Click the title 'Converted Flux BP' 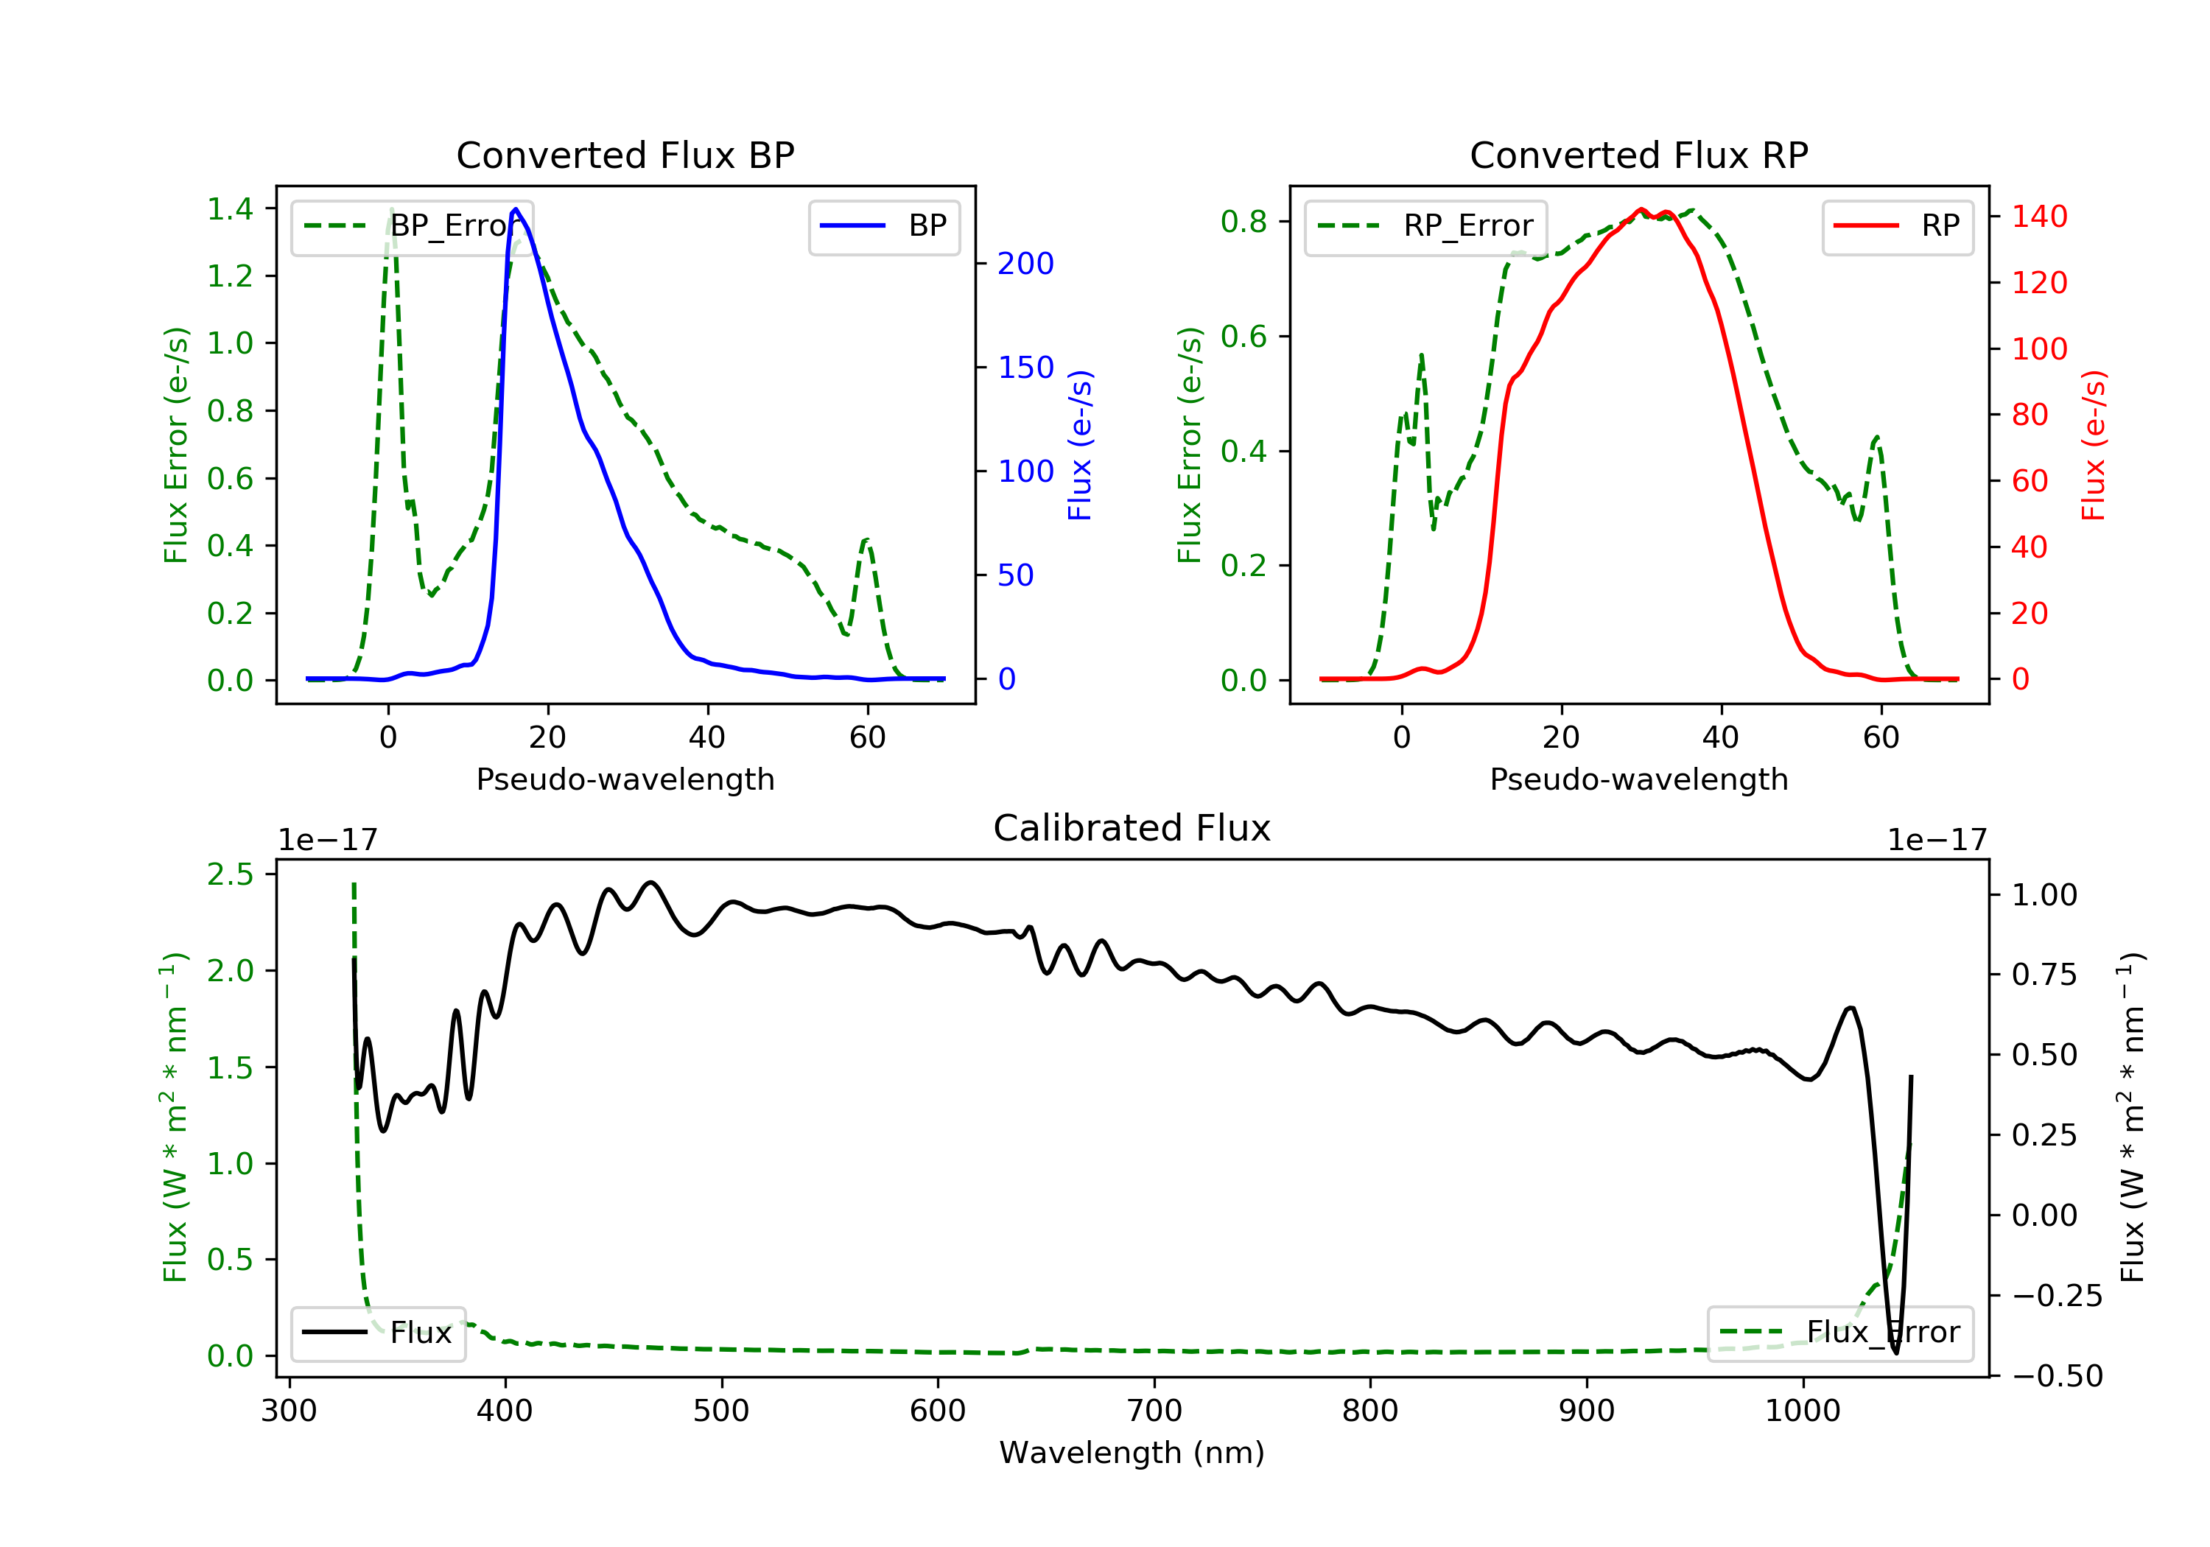[625, 155]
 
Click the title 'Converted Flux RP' [1638, 155]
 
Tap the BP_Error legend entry [412, 226]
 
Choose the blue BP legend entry [883, 226]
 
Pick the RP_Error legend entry [1425, 226]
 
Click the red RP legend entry [1897, 226]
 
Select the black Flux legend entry [379, 1333]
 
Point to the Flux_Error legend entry [1839, 1333]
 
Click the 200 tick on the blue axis [1025, 264]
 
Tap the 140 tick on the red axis [2038, 217]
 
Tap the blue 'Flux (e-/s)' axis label [1080, 445]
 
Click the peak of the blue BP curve [516, 209]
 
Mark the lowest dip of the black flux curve [1895, 1353]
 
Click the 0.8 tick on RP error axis [1243, 222]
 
